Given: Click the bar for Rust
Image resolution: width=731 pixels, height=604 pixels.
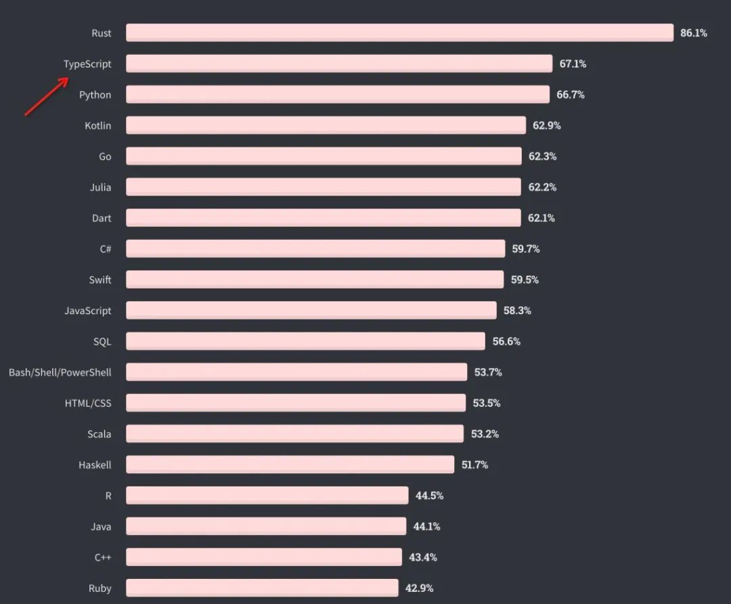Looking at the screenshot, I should [x=399, y=33].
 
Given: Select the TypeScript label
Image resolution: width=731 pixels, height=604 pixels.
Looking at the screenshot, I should [x=87, y=64].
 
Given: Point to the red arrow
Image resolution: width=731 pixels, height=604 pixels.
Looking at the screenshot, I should [x=47, y=97].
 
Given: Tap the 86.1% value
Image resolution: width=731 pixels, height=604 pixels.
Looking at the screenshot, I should [x=694, y=33].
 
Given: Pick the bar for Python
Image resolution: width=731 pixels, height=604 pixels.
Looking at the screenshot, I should [x=337, y=94].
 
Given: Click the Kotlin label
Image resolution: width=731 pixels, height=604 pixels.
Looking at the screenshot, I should [x=98, y=125].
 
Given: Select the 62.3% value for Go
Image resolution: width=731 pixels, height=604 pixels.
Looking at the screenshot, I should [x=543, y=156].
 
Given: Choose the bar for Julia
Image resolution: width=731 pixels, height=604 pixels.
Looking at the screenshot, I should [x=323, y=187].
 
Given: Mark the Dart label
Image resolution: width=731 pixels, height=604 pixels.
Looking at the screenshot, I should [x=102, y=218].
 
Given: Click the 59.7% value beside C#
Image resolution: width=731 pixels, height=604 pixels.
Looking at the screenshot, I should [x=526, y=249].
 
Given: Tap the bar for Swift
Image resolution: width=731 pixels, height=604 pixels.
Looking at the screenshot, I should [x=315, y=280].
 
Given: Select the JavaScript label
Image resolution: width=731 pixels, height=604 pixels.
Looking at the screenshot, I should [x=88, y=311].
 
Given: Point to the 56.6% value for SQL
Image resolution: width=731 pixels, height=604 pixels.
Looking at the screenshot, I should [x=506, y=341].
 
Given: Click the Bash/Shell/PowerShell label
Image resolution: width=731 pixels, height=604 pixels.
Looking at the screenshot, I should [x=60, y=372].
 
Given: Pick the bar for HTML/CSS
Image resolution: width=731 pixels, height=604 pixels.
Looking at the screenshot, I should [x=296, y=403].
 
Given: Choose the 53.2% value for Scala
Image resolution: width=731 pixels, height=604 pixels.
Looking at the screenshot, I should [x=485, y=434].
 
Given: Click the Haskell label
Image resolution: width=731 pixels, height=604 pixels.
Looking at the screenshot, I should [x=95, y=465].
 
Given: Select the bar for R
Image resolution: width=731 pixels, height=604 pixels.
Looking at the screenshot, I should [x=267, y=496].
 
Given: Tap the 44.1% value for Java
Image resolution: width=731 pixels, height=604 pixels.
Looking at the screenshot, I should [x=426, y=526].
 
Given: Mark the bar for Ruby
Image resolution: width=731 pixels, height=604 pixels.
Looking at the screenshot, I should [x=262, y=588].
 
